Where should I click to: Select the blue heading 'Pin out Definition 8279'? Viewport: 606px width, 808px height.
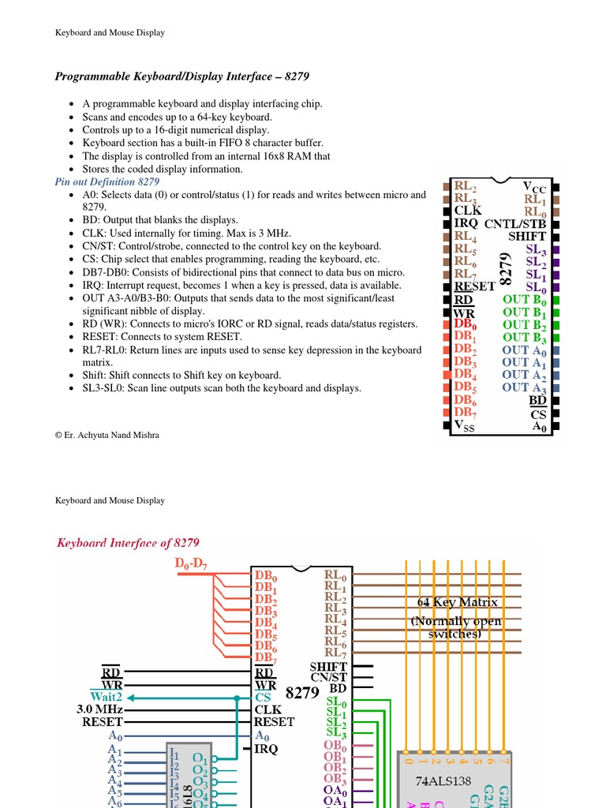click(107, 181)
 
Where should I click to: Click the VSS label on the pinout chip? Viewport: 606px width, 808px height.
click(465, 425)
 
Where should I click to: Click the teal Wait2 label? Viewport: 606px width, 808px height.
click(106, 697)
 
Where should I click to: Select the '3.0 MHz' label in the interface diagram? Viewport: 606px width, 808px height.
click(99, 709)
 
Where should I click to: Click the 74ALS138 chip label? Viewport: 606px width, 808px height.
click(447, 781)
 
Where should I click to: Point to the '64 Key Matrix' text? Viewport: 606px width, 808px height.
click(458, 603)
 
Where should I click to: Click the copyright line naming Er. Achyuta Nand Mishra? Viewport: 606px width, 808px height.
click(107, 435)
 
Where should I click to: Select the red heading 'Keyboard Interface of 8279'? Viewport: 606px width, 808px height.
click(128, 543)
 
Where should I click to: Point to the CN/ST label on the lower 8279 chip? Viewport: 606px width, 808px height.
click(328, 678)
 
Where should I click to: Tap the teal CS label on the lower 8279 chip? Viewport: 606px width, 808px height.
click(263, 698)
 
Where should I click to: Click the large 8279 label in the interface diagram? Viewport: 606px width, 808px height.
click(302, 694)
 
